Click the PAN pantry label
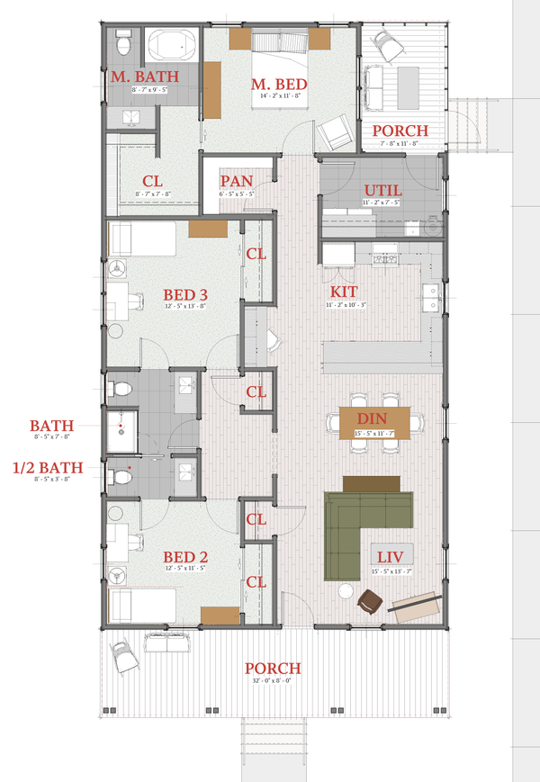[237, 182]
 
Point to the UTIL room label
[383, 190]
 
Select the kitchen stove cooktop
[386, 260]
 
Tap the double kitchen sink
[429, 298]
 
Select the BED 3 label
[185, 294]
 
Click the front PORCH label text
[272, 669]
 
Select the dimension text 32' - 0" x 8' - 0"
[272, 681]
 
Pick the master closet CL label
[152, 181]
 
